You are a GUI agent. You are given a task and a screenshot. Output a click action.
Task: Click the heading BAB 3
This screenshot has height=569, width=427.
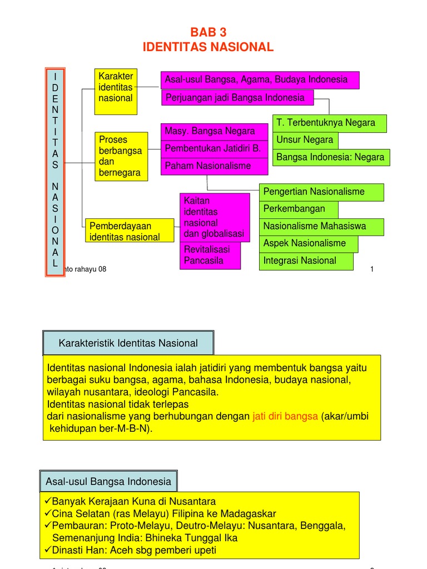tap(208, 32)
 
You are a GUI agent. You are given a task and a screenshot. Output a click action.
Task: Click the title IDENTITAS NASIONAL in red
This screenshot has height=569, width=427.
tap(208, 48)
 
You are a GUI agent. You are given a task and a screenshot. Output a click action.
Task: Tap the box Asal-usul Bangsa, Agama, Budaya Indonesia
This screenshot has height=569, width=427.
tap(260, 80)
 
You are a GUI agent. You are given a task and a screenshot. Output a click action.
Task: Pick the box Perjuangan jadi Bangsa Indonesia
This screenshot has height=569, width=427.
tap(237, 98)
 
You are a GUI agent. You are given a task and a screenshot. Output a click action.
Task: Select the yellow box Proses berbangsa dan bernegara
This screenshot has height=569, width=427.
tap(120, 156)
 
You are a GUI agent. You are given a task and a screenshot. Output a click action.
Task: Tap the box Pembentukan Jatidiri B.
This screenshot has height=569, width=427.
tap(214, 149)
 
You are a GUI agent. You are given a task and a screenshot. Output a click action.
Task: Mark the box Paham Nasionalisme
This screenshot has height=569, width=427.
tap(208, 166)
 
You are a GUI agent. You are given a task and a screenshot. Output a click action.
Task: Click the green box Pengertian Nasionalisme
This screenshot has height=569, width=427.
tap(321, 192)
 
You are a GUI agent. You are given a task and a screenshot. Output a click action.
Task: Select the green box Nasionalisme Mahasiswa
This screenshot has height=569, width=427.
tap(321, 227)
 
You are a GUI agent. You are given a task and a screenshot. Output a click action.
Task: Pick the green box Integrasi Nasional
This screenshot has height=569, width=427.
tap(306, 261)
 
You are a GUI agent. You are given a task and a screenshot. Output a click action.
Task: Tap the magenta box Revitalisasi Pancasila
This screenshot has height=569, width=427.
tap(210, 255)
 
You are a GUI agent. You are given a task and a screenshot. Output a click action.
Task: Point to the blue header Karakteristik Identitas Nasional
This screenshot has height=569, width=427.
tap(128, 343)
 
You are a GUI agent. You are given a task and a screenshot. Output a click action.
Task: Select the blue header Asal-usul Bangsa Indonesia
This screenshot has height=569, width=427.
tap(108, 481)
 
